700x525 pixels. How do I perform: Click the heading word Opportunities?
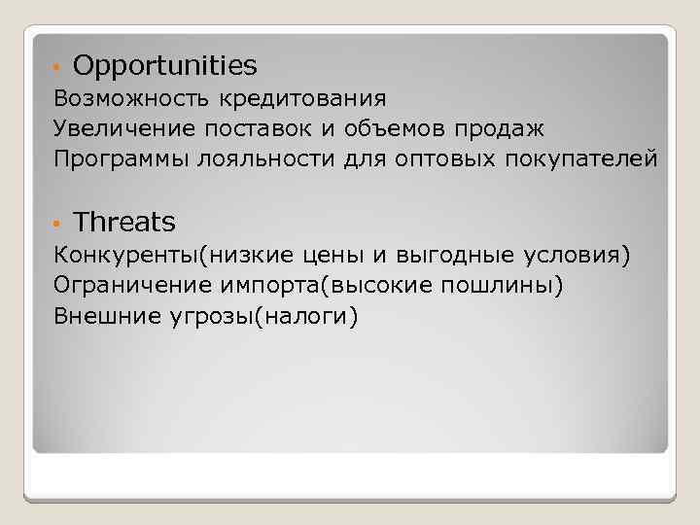[x=164, y=66]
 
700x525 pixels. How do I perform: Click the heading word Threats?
[x=124, y=223]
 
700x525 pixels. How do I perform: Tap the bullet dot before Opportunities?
[x=58, y=68]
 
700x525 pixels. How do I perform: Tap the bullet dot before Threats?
[x=58, y=225]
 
